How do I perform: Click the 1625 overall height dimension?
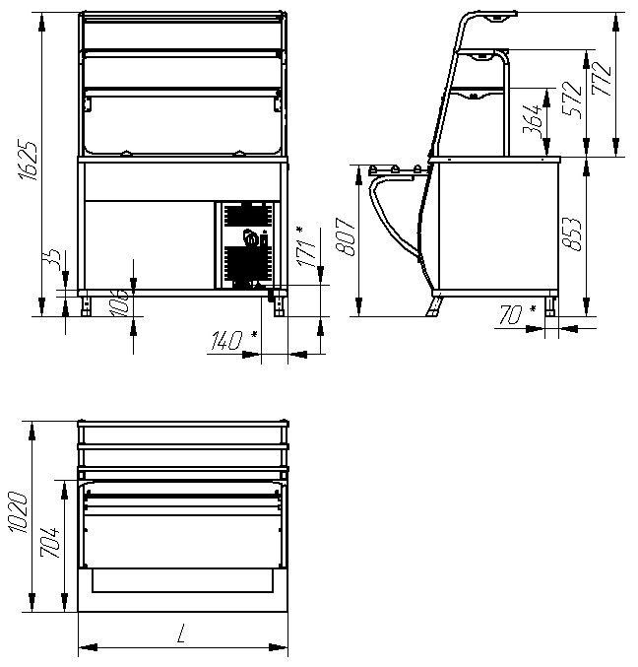(28, 160)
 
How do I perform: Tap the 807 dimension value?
(346, 236)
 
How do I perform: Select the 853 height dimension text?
(571, 233)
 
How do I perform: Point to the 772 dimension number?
(602, 79)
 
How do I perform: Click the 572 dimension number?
(572, 100)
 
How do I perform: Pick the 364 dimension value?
(533, 118)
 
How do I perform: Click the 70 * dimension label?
(517, 314)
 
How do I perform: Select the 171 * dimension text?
(307, 247)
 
